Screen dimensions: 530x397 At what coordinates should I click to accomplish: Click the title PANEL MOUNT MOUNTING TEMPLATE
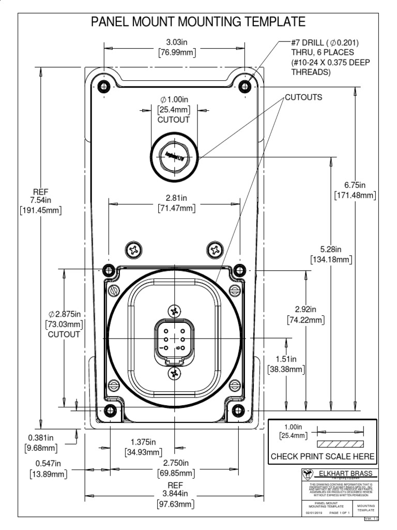pyautogui.click(x=198, y=22)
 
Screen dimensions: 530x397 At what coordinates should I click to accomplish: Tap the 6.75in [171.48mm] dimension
pyautogui.click(x=355, y=190)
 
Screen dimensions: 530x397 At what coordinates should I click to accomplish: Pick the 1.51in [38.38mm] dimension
pyautogui.click(x=285, y=364)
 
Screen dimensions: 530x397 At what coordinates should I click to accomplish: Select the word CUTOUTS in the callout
pyautogui.click(x=303, y=97)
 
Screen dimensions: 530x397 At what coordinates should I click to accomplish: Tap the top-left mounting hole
pyautogui.click(x=104, y=85)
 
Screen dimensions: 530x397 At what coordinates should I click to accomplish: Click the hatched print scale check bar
pyautogui.click(x=340, y=444)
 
